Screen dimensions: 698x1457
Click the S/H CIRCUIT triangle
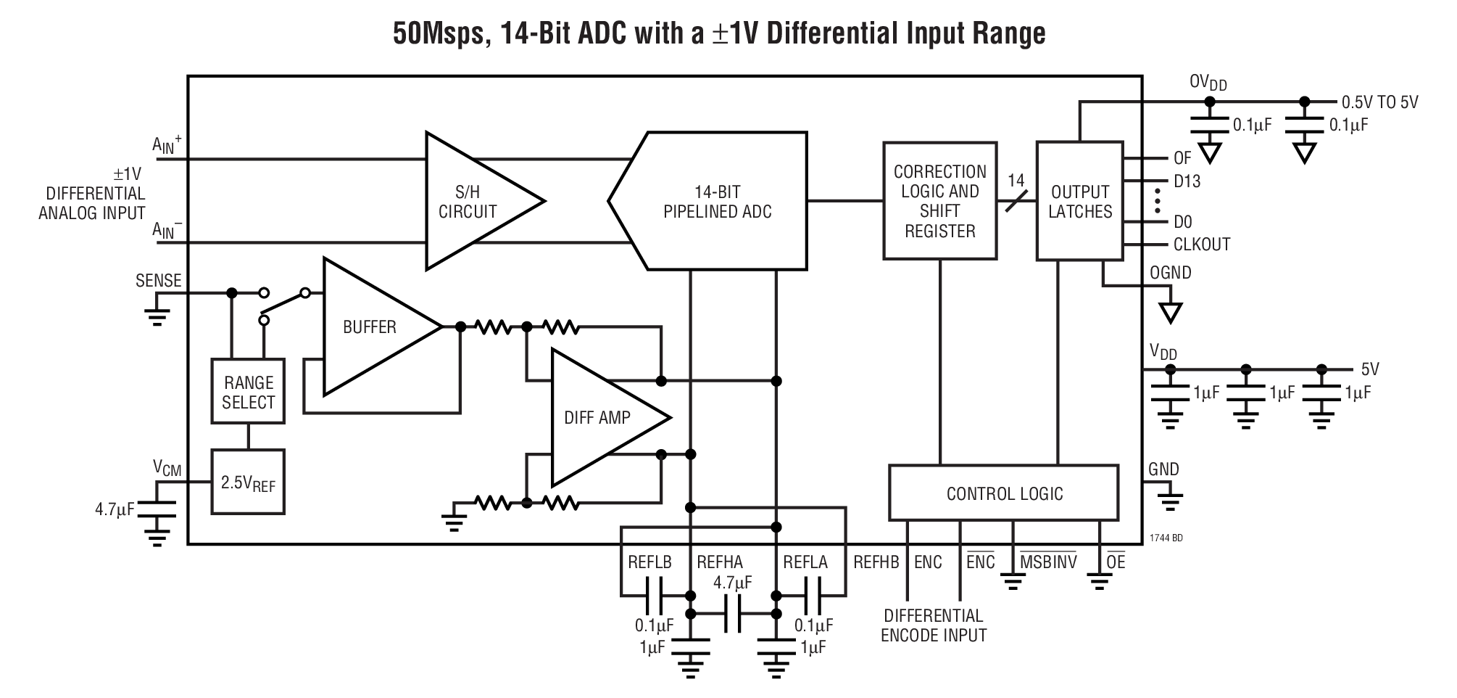[x=471, y=202]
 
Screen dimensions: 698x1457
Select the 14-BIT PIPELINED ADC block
[x=718, y=202]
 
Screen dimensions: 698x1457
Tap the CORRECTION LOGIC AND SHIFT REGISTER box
[x=939, y=201]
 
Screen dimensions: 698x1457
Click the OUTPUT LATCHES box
[x=1079, y=201]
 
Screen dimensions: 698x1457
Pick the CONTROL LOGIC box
[x=1004, y=493]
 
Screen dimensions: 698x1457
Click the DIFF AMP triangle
[x=598, y=417]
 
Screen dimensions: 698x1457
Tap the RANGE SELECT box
[x=248, y=393]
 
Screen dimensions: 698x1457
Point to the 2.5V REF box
[x=248, y=483]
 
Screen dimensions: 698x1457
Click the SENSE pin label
[x=158, y=281]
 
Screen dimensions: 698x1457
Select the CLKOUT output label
[x=1201, y=245]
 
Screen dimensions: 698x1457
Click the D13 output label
[x=1187, y=181]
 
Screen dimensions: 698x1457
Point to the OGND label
[x=1170, y=273]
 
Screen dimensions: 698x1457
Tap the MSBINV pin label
[x=1047, y=562]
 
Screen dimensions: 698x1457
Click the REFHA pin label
[x=719, y=562]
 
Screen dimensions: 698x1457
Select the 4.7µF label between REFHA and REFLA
[x=732, y=583]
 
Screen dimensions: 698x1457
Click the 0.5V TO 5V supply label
[x=1379, y=102]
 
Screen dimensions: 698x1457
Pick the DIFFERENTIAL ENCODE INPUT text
[x=934, y=625]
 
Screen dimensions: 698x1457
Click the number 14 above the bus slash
[x=1016, y=180]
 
